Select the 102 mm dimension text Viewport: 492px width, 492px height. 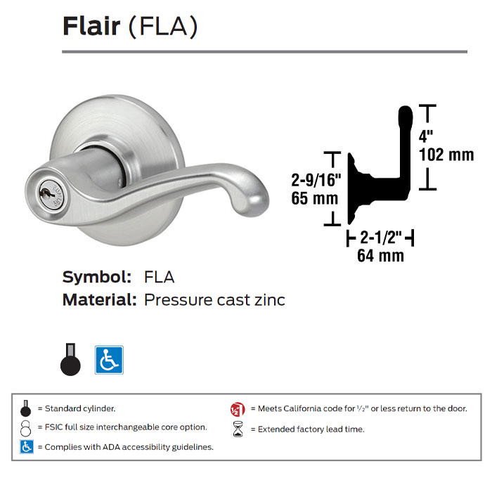pyautogui.click(x=446, y=154)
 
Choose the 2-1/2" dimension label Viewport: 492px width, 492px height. pyautogui.click(x=380, y=238)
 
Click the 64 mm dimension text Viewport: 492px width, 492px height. pyautogui.click(x=380, y=256)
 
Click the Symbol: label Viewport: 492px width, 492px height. pyautogui.click(x=96, y=277)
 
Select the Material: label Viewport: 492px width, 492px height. pyautogui.click(x=99, y=300)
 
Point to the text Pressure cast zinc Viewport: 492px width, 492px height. pyautogui.click(x=214, y=300)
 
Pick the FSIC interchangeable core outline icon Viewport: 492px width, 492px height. pyautogui.click(x=26, y=427)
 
